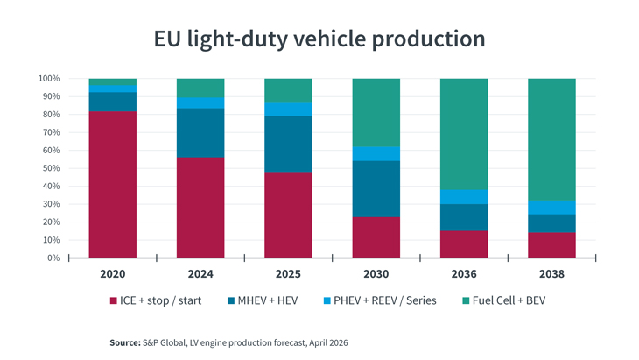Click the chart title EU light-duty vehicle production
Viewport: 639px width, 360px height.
(319, 39)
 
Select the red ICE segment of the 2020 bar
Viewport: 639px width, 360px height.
(113, 184)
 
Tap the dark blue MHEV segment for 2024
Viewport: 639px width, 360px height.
(200, 132)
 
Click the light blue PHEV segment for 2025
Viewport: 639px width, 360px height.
(288, 109)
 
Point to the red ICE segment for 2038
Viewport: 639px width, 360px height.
(551, 245)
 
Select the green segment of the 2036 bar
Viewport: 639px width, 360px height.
(464, 133)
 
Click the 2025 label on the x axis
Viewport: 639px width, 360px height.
(288, 274)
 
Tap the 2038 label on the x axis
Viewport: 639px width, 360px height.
(551, 274)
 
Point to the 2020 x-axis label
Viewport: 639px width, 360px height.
(113, 274)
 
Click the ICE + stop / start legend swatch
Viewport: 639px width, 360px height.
(114, 301)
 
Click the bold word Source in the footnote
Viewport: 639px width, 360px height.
(124, 342)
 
